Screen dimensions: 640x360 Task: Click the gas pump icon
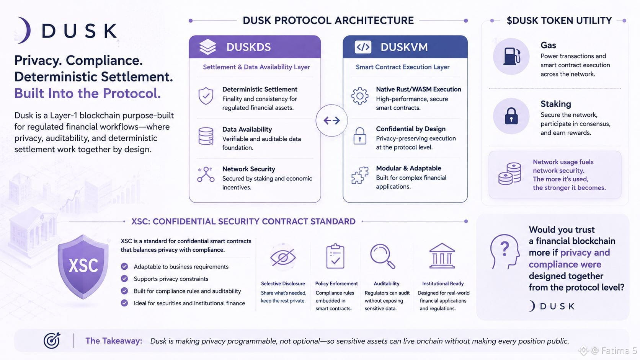pos(511,56)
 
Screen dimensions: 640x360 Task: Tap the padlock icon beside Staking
pos(511,116)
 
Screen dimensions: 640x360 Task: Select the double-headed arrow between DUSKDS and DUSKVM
pos(331,121)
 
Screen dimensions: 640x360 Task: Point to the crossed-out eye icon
pos(283,257)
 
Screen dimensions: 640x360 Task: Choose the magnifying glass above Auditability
pos(383,256)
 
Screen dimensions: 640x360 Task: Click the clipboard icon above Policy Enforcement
pos(335,256)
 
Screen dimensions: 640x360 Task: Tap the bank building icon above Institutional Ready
pos(442,256)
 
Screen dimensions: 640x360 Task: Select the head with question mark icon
pos(504,252)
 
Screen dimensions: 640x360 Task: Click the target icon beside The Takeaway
pos(52,340)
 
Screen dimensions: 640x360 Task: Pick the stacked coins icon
pos(510,174)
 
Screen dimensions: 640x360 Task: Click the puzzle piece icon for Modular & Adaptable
pos(360,175)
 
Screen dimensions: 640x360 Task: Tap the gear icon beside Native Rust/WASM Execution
pos(360,96)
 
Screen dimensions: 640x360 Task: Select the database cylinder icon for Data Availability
pos(206,136)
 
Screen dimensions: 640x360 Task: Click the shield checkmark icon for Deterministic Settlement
pos(206,96)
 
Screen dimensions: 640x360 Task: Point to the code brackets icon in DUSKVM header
pos(363,47)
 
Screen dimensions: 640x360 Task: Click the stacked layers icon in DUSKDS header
pos(208,47)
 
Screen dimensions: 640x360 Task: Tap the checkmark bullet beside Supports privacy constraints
pos(124,279)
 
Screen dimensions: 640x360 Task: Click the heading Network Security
pos(248,169)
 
